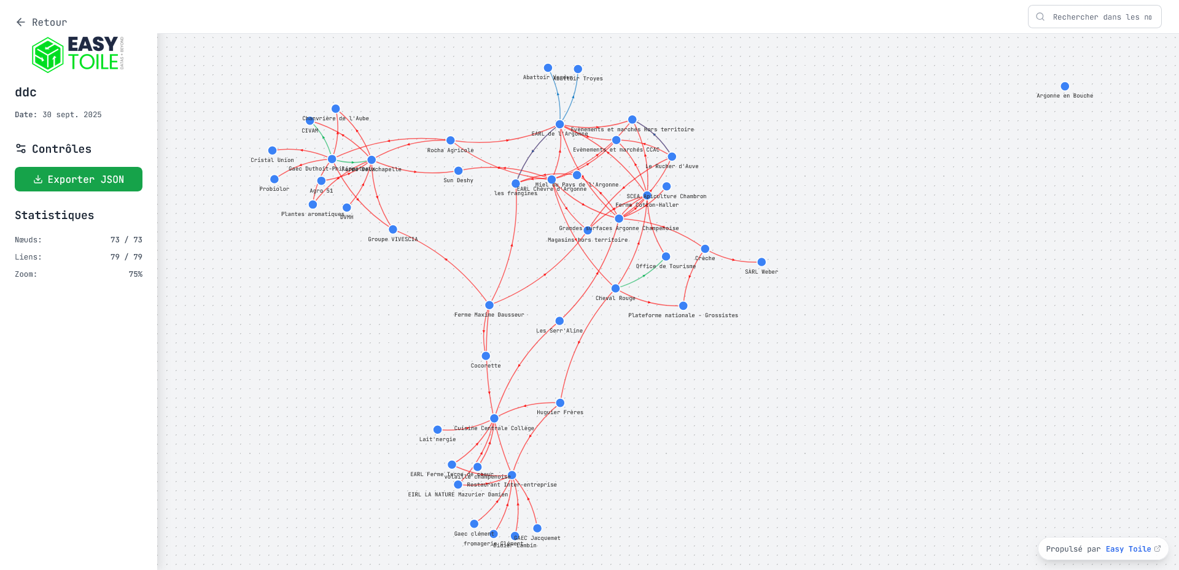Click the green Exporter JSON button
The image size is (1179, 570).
pyautogui.click(x=79, y=179)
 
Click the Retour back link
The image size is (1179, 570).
pyautogui.click(x=41, y=22)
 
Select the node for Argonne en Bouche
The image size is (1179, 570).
pyautogui.click(x=1065, y=87)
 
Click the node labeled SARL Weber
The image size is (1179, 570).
pyautogui.click(x=761, y=262)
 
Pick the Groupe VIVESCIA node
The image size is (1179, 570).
pyautogui.click(x=393, y=229)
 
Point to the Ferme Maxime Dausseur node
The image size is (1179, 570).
pyautogui.click(x=489, y=305)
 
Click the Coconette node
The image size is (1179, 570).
pyautogui.click(x=486, y=356)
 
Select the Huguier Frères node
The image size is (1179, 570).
pyautogui.click(x=560, y=402)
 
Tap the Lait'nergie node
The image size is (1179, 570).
pyautogui.click(x=437, y=429)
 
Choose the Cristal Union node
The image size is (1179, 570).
pyautogui.click(x=272, y=150)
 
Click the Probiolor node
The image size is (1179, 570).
pyautogui.click(x=274, y=179)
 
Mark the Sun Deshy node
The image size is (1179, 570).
pyautogui.click(x=458, y=171)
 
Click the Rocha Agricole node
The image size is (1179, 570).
pyautogui.click(x=450, y=141)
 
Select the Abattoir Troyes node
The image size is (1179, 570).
pyautogui.click(x=578, y=69)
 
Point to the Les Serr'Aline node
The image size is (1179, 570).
pyautogui.click(x=559, y=321)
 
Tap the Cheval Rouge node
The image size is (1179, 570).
pyautogui.click(x=615, y=288)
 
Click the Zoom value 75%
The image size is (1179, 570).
pyautogui.click(x=135, y=274)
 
